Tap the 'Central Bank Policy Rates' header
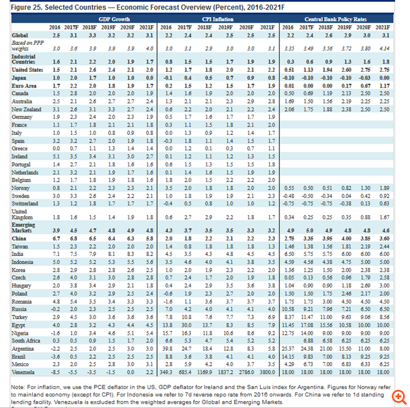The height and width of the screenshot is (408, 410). click(336, 20)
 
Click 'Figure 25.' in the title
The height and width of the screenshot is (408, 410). click(18, 6)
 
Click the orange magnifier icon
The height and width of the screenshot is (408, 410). click(398, 396)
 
